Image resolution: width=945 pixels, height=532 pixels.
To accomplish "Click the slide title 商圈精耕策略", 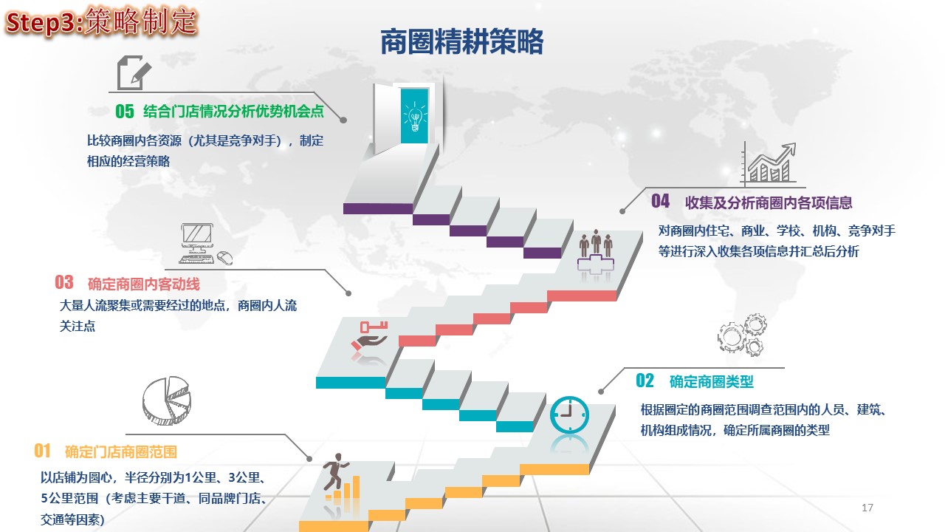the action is click(x=461, y=42).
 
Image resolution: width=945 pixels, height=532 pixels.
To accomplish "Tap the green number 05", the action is click(x=125, y=112).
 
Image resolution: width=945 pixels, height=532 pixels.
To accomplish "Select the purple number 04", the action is click(x=660, y=201).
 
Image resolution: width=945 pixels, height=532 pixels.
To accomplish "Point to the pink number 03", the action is click(x=64, y=282).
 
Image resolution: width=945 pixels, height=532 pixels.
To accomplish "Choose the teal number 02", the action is click(x=645, y=381).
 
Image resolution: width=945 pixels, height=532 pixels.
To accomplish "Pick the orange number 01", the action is click(x=42, y=451).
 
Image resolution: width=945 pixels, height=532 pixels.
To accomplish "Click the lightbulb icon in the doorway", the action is click(x=415, y=117).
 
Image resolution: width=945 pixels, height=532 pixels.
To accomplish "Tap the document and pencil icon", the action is click(x=134, y=72).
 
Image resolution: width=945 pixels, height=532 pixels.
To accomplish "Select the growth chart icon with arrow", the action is click(x=769, y=164).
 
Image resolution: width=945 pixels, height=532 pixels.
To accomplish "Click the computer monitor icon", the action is click(x=205, y=244).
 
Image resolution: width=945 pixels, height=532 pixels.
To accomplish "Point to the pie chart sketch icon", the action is click(x=166, y=400).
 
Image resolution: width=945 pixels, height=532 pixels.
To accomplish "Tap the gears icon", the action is click(x=742, y=335).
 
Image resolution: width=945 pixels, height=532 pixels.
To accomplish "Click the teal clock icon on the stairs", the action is click(x=569, y=415).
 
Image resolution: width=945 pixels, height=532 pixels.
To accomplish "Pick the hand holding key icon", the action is click(x=370, y=335).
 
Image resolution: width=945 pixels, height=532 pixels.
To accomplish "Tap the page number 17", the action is click(x=867, y=508).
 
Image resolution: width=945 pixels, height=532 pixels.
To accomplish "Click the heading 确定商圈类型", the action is click(x=711, y=382).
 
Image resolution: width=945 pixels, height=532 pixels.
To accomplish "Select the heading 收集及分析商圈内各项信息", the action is click(x=769, y=202).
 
